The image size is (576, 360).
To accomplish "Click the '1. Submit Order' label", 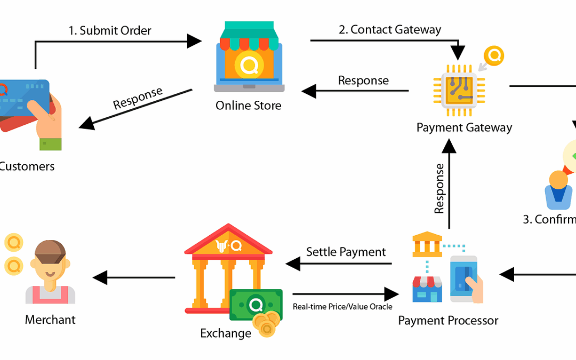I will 110,30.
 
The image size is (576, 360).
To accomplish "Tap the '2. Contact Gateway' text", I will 390,29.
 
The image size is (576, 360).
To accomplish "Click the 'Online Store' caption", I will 248,106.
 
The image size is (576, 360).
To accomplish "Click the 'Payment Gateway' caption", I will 464,127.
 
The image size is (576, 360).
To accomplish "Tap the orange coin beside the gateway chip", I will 494,56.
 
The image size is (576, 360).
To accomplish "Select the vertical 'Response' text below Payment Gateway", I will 439,188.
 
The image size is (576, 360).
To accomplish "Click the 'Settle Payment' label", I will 346,251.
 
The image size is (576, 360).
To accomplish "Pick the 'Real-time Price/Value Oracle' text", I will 342,307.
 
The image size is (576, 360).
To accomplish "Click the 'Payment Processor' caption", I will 448,321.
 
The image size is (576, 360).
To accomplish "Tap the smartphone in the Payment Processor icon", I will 463,277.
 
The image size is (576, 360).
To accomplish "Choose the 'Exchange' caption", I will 226,333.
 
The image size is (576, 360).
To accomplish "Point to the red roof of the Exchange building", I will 228,240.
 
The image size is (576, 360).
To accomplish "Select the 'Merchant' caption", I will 50,320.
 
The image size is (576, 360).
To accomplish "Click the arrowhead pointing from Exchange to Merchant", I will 100,277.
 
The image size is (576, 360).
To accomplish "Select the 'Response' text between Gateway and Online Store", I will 363,81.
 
